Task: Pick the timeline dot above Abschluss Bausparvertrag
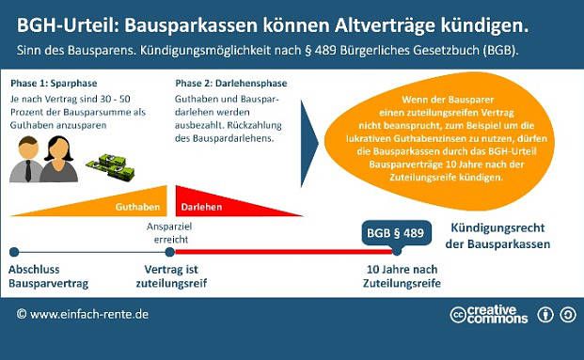click(13, 252)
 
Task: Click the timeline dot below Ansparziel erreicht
click(169, 252)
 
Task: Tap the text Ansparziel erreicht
click(169, 231)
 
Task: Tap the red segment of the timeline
click(282, 252)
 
